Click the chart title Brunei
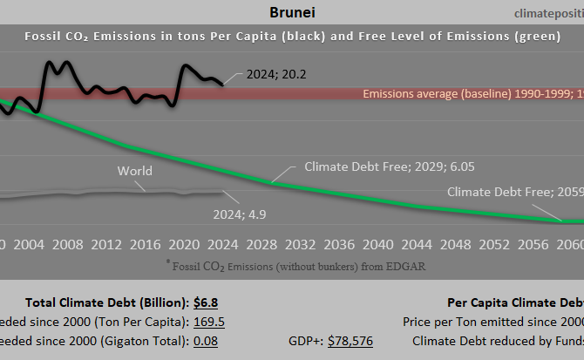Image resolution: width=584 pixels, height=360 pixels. [x=288, y=13]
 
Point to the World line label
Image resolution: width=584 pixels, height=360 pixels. [x=135, y=171]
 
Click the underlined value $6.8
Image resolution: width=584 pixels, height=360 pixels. [x=206, y=302]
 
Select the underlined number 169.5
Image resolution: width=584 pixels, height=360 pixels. [x=209, y=322]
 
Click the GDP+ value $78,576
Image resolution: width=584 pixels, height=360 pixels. [x=350, y=341]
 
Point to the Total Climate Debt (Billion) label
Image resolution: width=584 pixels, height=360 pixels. [x=107, y=302]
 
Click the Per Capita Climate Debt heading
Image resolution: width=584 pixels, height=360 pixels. [x=515, y=302]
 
